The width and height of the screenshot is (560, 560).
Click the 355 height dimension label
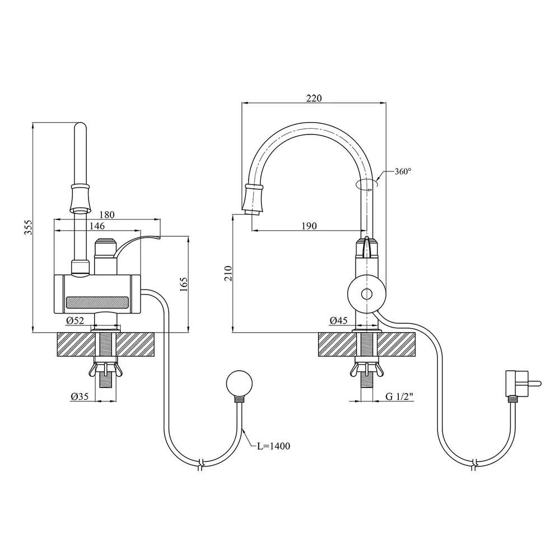[29, 227]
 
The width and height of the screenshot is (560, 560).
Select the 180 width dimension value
[107, 214]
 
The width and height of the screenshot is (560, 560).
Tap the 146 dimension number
[97, 226]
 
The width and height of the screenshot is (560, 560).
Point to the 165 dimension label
[184, 284]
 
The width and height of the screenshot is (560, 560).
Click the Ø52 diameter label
[75, 321]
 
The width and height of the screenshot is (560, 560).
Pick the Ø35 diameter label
[80, 396]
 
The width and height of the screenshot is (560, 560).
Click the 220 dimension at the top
[314, 98]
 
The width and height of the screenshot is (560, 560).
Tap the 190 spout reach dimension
[309, 226]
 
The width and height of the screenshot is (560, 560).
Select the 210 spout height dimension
[228, 273]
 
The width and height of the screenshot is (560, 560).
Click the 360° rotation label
[403, 171]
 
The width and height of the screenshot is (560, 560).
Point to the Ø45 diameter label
[339, 321]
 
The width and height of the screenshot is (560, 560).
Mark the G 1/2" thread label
[400, 396]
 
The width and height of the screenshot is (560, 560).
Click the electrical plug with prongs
[522, 384]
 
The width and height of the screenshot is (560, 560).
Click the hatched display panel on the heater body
[97, 302]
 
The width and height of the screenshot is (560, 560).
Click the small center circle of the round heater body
[366, 295]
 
